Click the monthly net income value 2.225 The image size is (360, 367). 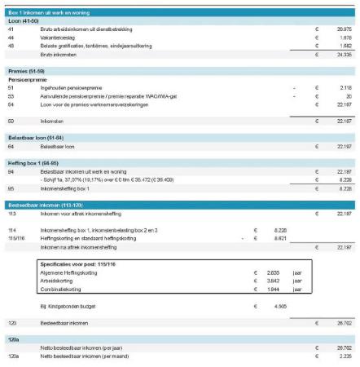point(343,356)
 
